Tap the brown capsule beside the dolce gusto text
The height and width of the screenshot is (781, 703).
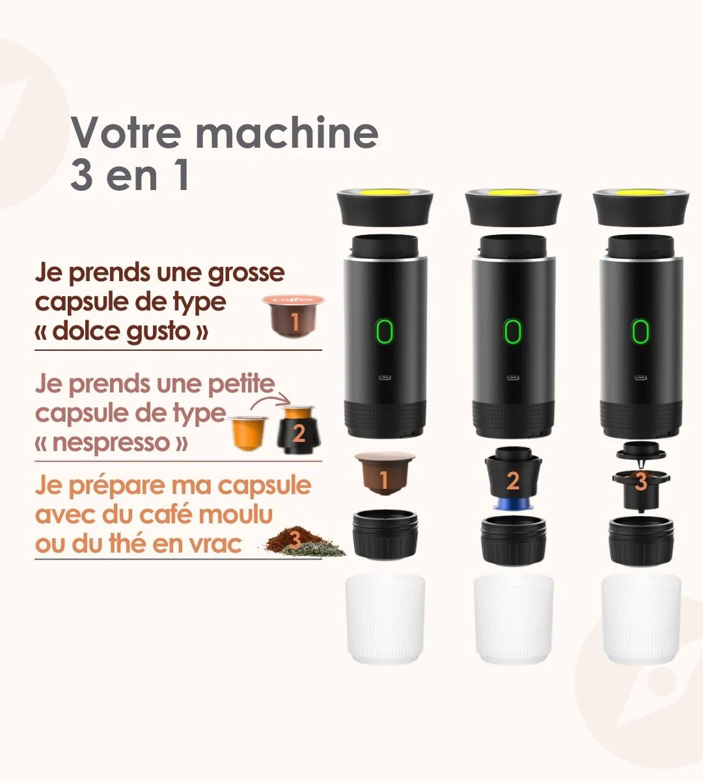(x=293, y=316)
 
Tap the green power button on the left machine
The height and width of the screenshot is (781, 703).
(x=385, y=331)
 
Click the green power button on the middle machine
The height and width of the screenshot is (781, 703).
(x=512, y=331)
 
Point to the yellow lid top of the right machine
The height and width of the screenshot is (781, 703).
(x=641, y=193)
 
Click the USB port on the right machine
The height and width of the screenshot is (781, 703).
(x=641, y=378)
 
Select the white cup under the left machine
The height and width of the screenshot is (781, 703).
(x=385, y=618)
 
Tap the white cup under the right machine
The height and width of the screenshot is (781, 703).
(x=641, y=618)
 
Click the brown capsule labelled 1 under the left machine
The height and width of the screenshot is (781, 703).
(x=385, y=473)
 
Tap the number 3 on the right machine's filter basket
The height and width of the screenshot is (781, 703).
(x=641, y=482)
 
